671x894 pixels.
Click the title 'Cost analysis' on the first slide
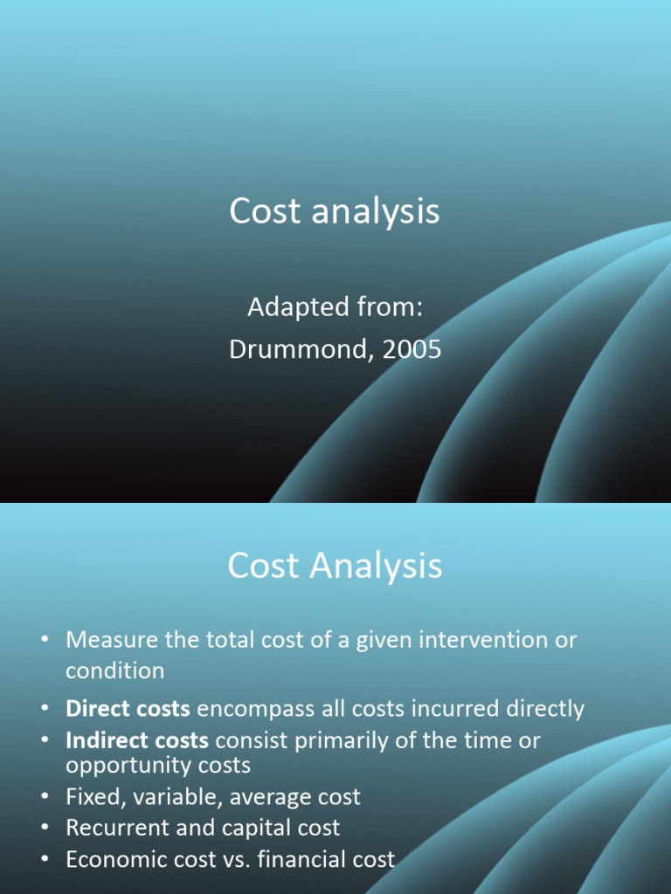335,211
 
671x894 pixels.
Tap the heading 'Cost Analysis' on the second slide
335,567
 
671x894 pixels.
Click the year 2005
411,349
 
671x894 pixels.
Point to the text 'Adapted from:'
335,307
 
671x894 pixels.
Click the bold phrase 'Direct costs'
128,709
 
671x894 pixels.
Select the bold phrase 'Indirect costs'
136,741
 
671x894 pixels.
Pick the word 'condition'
114,671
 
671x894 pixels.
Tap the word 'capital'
248,828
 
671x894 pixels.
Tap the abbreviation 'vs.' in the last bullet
237,860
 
